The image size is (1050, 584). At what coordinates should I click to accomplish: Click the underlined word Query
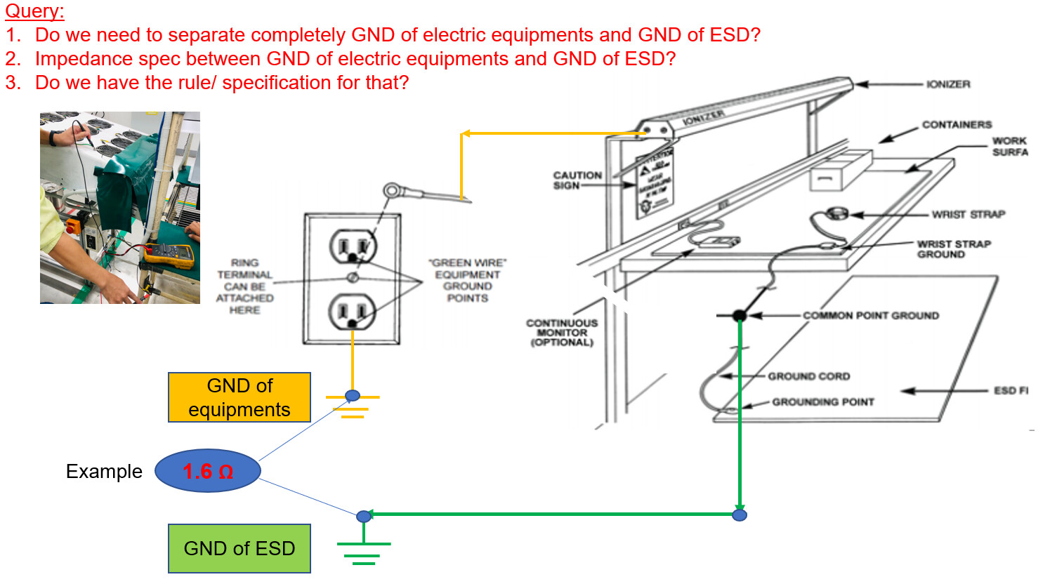pos(34,11)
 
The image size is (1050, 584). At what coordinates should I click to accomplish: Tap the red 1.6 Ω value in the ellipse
pos(208,471)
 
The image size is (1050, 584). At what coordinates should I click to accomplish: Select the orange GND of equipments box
pos(239,397)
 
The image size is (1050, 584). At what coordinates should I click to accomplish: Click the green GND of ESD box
pos(239,548)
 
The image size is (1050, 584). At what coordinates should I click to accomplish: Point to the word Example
pos(104,472)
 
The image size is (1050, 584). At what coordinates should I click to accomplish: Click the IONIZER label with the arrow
pos(947,84)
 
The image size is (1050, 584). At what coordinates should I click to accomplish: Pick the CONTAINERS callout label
pos(957,125)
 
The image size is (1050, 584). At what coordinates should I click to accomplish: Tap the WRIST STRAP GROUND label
pos(953,249)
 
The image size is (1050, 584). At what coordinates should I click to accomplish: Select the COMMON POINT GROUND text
pos(870,316)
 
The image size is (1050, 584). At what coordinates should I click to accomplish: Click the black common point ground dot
pos(739,316)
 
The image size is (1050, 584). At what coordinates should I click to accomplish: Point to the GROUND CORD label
pos(808,376)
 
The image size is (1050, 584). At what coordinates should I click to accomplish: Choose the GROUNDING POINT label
pos(822,402)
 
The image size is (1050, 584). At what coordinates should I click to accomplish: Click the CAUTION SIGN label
pos(577,180)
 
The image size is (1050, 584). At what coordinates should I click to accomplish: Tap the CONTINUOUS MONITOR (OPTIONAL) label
pos(562,333)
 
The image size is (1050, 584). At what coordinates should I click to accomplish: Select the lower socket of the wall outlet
pos(353,311)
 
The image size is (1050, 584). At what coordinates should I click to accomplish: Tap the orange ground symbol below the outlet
pos(353,406)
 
